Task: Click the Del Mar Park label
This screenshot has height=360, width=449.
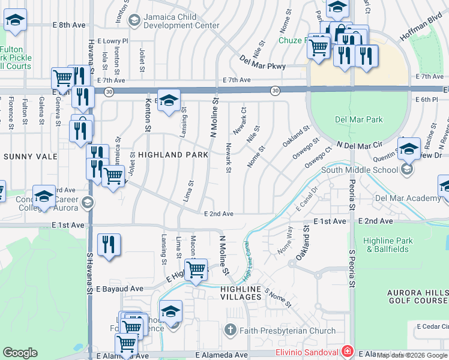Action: (358, 119)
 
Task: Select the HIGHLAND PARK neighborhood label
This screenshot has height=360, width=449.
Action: (173, 155)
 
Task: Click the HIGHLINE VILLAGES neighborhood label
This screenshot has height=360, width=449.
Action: (240, 289)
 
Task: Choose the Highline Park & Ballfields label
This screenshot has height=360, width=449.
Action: (388, 245)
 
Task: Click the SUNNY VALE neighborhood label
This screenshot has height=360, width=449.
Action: (29, 157)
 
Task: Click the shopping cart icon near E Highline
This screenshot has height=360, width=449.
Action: (196, 271)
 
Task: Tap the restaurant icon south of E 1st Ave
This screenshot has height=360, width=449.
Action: (109, 244)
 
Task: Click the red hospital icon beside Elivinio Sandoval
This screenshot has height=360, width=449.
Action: (347, 350)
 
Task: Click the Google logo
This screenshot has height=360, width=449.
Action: (20, 353)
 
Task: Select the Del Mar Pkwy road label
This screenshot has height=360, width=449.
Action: (262, 63)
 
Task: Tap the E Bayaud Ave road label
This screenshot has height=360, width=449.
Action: (120, 289)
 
